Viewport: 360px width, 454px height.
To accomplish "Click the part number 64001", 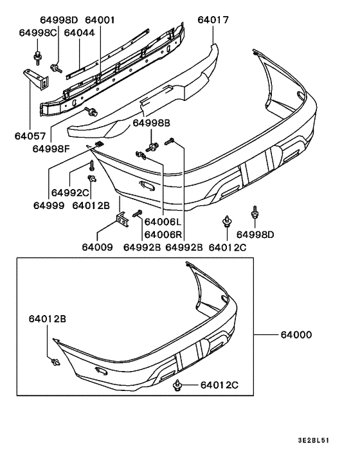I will pos(100,21).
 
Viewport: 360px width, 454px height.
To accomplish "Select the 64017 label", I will pos(195,21).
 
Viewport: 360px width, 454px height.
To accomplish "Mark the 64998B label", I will pos(152,122).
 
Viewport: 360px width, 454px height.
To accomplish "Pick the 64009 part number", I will pos(97,247).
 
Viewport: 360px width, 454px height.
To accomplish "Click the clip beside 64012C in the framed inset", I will pos(177,385).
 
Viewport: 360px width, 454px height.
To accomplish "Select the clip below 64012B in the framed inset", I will pos(55,363).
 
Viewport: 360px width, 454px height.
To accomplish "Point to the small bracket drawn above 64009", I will pos(121,221).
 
